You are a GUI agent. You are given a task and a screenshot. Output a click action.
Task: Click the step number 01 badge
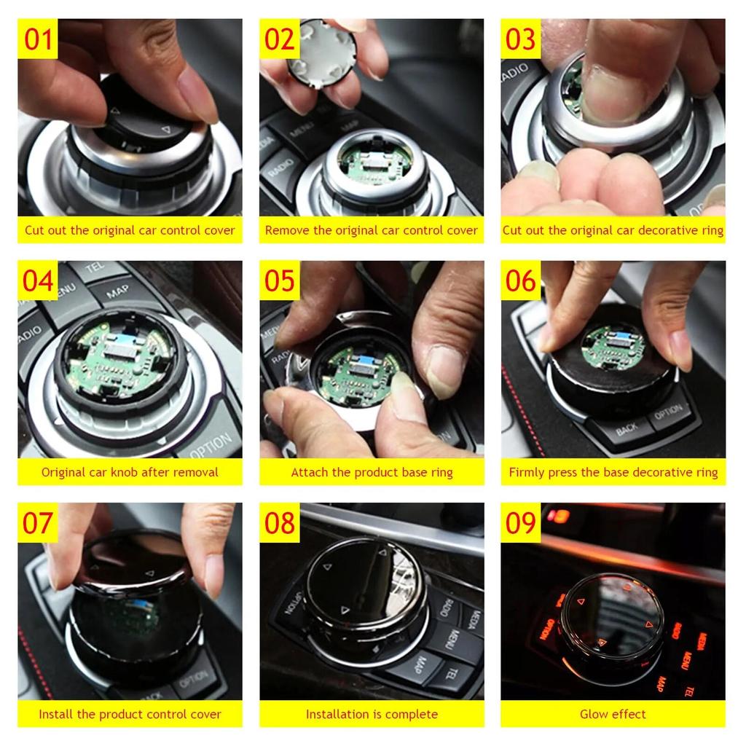38,39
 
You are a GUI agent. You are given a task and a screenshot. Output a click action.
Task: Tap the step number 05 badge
279,280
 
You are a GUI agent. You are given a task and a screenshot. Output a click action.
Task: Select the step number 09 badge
520,522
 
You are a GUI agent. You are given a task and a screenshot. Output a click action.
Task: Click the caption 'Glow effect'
613,714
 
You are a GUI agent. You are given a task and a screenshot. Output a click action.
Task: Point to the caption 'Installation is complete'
372,714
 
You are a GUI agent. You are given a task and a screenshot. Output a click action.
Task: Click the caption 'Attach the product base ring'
372,472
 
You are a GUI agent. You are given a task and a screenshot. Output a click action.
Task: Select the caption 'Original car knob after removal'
130,472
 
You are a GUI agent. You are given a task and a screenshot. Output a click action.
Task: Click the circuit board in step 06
614,346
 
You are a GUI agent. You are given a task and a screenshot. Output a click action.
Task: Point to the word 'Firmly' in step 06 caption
526,472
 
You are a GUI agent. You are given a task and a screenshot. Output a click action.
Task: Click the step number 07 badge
38,522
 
